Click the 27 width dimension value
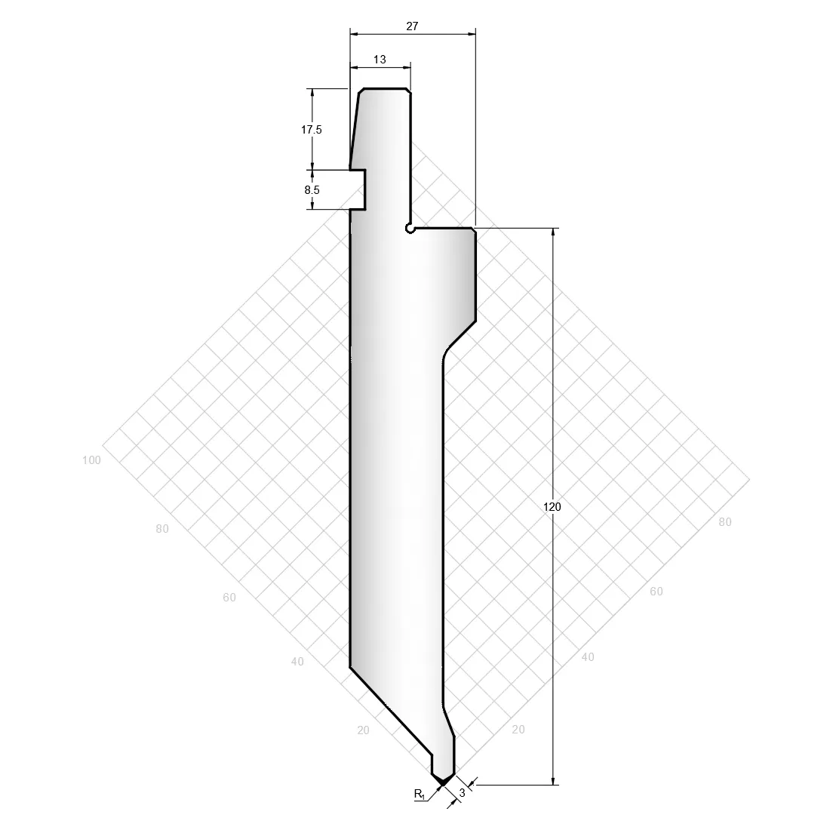[x=412, y=26]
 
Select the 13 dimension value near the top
[x=380, y=60]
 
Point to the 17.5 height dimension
[x=311, y=130]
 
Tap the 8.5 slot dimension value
[x=312, y=190]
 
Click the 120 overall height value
[x=552, y=507]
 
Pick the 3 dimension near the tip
[x=462, y=793]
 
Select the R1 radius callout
[x=420, y=794]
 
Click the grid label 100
[x=91, y=460]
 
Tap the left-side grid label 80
[x=162, y=528]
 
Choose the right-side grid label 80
[x=725, y=522]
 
